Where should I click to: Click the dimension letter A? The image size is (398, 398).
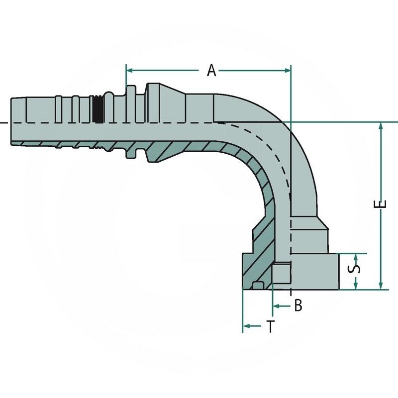(212, 71)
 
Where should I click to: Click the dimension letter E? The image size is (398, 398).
(381, 205)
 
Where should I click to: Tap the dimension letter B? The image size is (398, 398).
(298, 305)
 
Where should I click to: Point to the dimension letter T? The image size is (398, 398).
(270, 327)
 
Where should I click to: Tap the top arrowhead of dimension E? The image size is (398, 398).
(381, 126)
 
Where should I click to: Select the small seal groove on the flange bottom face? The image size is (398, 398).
(258, 285)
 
